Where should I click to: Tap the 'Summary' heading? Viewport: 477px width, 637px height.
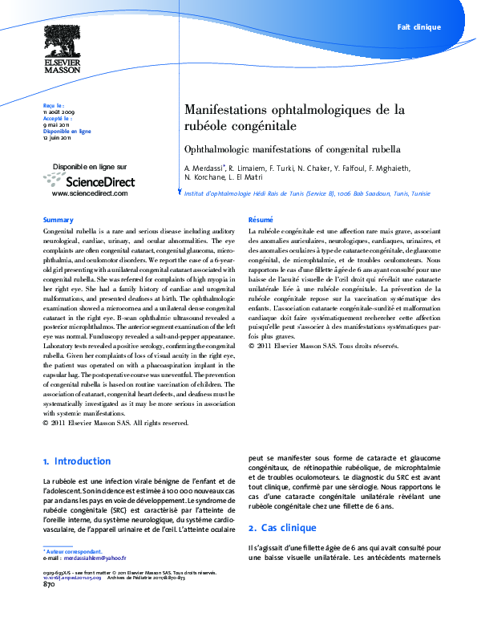click(x=58, y=220)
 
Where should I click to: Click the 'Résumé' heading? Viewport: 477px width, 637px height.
click(x=261, y=220)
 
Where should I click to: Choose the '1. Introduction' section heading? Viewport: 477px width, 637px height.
click(x=77, y=461)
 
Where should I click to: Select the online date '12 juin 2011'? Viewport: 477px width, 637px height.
click(x=57, y=137)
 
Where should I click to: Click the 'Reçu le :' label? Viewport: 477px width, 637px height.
click(x=53, y=105)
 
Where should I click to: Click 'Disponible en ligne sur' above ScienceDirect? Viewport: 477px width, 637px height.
click(x=90, y=167)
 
